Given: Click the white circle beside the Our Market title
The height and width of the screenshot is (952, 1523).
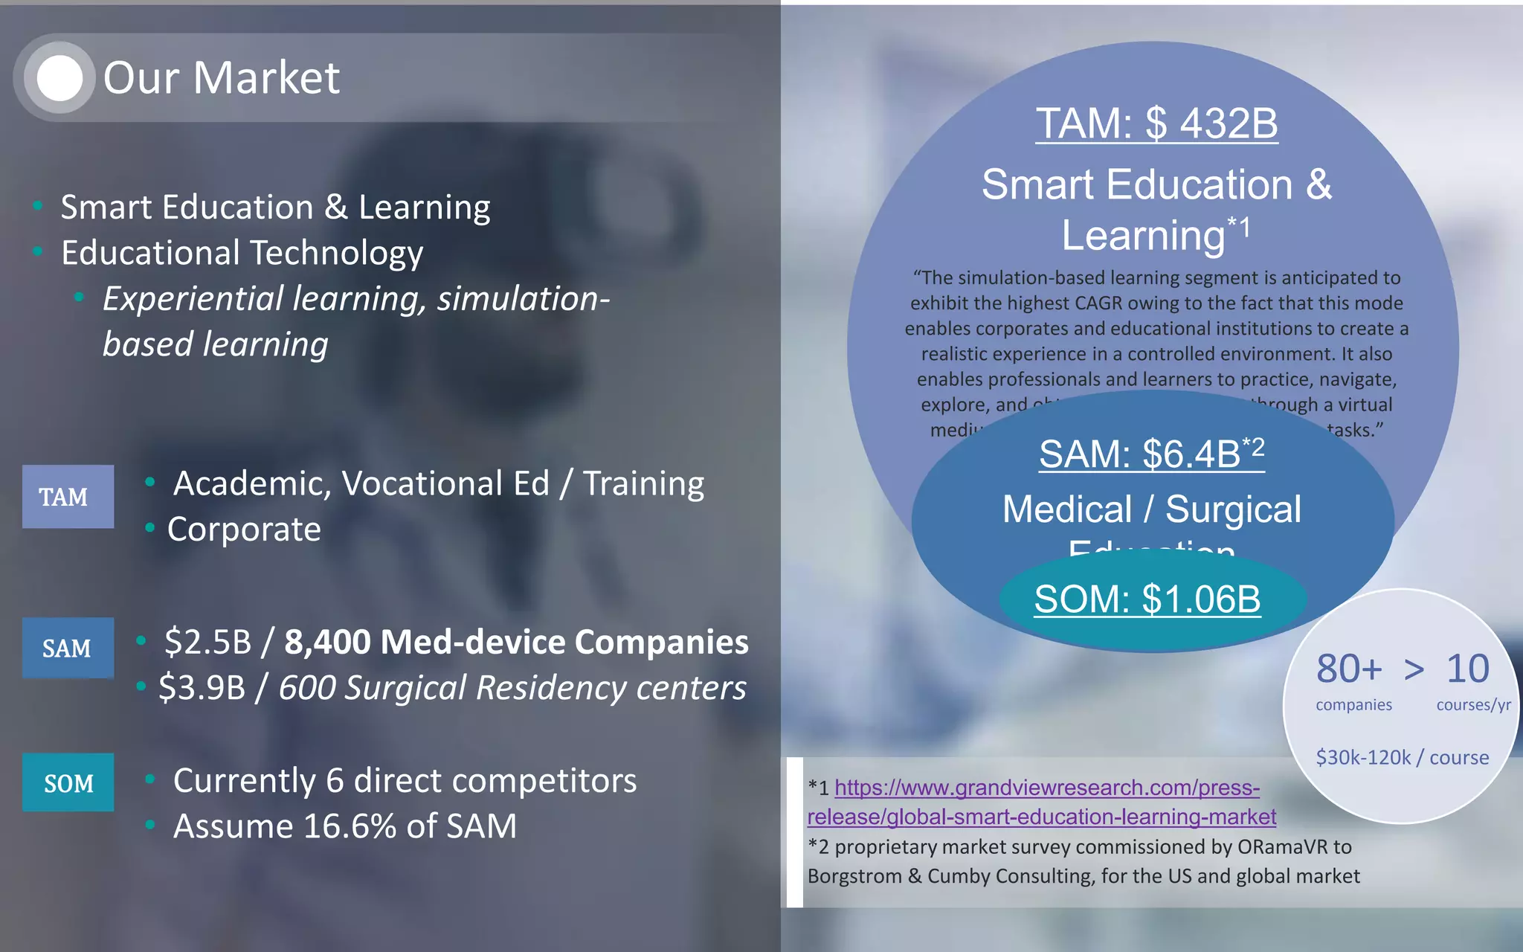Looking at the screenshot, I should point(59,78).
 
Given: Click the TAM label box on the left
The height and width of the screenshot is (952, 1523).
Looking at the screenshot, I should point(68,497).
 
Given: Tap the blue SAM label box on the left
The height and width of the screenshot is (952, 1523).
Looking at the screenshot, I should point(68,648).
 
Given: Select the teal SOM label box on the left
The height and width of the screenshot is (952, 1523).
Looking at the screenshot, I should point(68,782).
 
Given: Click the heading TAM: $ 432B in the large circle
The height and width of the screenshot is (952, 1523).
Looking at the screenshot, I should point(1156,123).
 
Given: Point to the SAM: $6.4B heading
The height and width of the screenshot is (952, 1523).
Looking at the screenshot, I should point(1150,453).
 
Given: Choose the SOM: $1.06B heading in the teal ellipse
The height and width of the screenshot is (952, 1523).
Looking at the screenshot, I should point(1147,599).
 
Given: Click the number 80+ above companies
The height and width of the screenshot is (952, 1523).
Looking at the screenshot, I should point(1349,669).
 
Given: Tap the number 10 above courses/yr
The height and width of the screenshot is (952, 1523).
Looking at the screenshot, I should point(1467,669).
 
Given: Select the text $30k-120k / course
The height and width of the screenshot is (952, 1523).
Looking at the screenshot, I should point(1402,757).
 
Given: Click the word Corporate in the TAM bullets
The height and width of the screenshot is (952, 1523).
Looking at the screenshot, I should point(244,530).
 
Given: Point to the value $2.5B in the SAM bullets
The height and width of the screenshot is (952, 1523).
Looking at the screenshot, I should point(208,642).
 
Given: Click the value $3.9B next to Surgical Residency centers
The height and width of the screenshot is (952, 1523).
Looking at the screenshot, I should point(202,688).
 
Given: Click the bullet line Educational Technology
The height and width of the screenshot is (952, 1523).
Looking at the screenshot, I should point(242,253).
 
